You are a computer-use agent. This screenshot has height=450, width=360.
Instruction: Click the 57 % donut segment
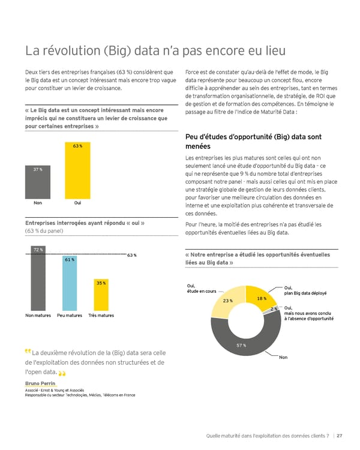pyautogui.click(x=246, y=343)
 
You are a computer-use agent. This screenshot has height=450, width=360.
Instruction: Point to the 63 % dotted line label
pyautogui.click(x=132, y=255)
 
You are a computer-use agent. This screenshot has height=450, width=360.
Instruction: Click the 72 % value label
pyautogui.click(x=37, y=249)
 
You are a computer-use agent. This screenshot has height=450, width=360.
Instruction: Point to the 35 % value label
pyautogui.click(x=101, y=283)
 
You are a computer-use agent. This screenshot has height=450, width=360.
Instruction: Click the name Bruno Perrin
pyautogui.click(x=40, y=383)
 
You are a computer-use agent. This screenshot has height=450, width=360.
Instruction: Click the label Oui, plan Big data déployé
pyautogui.click(x=305, y=290)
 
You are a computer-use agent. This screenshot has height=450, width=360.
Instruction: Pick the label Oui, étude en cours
pyautogui.click(x=202, y=289)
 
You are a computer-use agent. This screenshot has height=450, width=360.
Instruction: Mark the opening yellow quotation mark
pyautogui.click(x=28, y=351)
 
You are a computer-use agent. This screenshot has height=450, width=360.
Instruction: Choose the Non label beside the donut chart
pyautogui.click(x=284, y=358)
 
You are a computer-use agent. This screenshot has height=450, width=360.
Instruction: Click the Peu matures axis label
pyautogui.click(x=70, y=315)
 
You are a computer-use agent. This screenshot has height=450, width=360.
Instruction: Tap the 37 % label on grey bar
pyautogui.click(x=37, y=170)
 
